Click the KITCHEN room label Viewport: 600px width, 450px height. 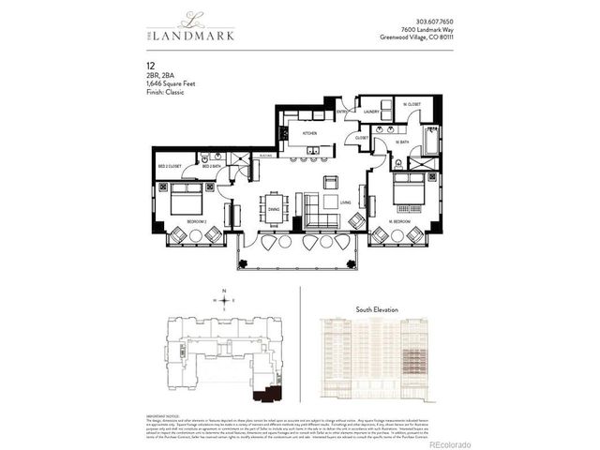(x=309, y=133)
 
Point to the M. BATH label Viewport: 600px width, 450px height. (x=402, y=142)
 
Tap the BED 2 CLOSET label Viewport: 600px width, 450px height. (x=170, y=166)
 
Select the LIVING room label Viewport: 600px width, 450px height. (x=345, y=202)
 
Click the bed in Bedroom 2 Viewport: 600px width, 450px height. (x=187, y=198)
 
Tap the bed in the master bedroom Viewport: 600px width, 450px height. (x=411, y=190)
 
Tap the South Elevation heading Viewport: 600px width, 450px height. (x=377, y=308)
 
